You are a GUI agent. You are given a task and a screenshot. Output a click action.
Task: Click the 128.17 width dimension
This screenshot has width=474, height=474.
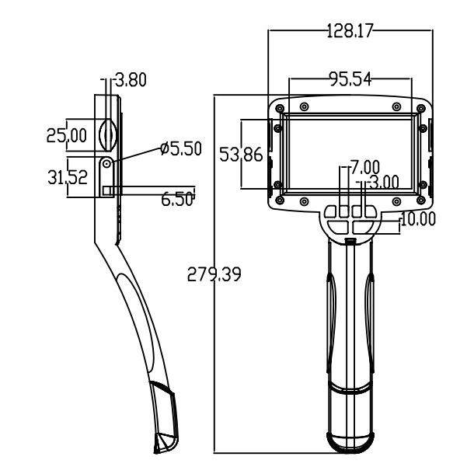[350, 30]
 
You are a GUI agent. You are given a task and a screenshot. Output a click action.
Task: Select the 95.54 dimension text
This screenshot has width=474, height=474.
[350, 79]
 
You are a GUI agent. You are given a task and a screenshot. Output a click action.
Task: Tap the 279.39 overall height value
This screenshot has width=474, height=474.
[214, 274]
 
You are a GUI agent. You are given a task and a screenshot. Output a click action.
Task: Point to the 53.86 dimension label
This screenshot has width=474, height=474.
[241, 154]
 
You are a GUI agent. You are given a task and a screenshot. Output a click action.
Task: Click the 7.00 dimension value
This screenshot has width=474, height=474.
[365, 167]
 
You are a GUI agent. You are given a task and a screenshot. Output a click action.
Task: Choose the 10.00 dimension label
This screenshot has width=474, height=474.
[418, 218]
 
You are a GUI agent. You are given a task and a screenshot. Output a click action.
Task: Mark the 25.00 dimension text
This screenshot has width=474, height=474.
[67, 135]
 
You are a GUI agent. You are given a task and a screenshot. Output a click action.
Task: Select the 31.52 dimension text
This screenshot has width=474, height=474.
[68, 177]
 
